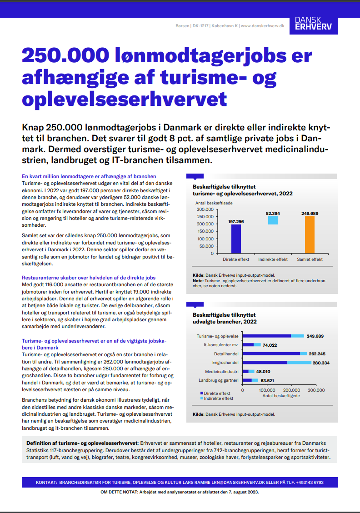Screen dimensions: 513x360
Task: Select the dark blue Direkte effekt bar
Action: click(236, 239)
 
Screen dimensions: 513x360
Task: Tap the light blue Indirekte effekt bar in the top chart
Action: click(273, 220)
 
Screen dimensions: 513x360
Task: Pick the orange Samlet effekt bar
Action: click(310, 234)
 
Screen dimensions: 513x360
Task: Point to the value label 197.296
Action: click(236, 221)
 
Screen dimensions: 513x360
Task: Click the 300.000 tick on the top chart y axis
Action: click(205, 209)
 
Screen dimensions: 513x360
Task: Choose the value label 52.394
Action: click(273, 213)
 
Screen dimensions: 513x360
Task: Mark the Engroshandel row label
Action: click(225, 363)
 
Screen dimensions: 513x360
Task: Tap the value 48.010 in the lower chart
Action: click(263, 371)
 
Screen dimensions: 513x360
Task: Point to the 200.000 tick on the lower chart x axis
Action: click(291, 390)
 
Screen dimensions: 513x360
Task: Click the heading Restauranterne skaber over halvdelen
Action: click(89, 277)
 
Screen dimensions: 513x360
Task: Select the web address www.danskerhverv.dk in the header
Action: click(262, 26)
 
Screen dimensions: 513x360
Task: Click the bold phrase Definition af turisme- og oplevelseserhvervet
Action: click(82, 443)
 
